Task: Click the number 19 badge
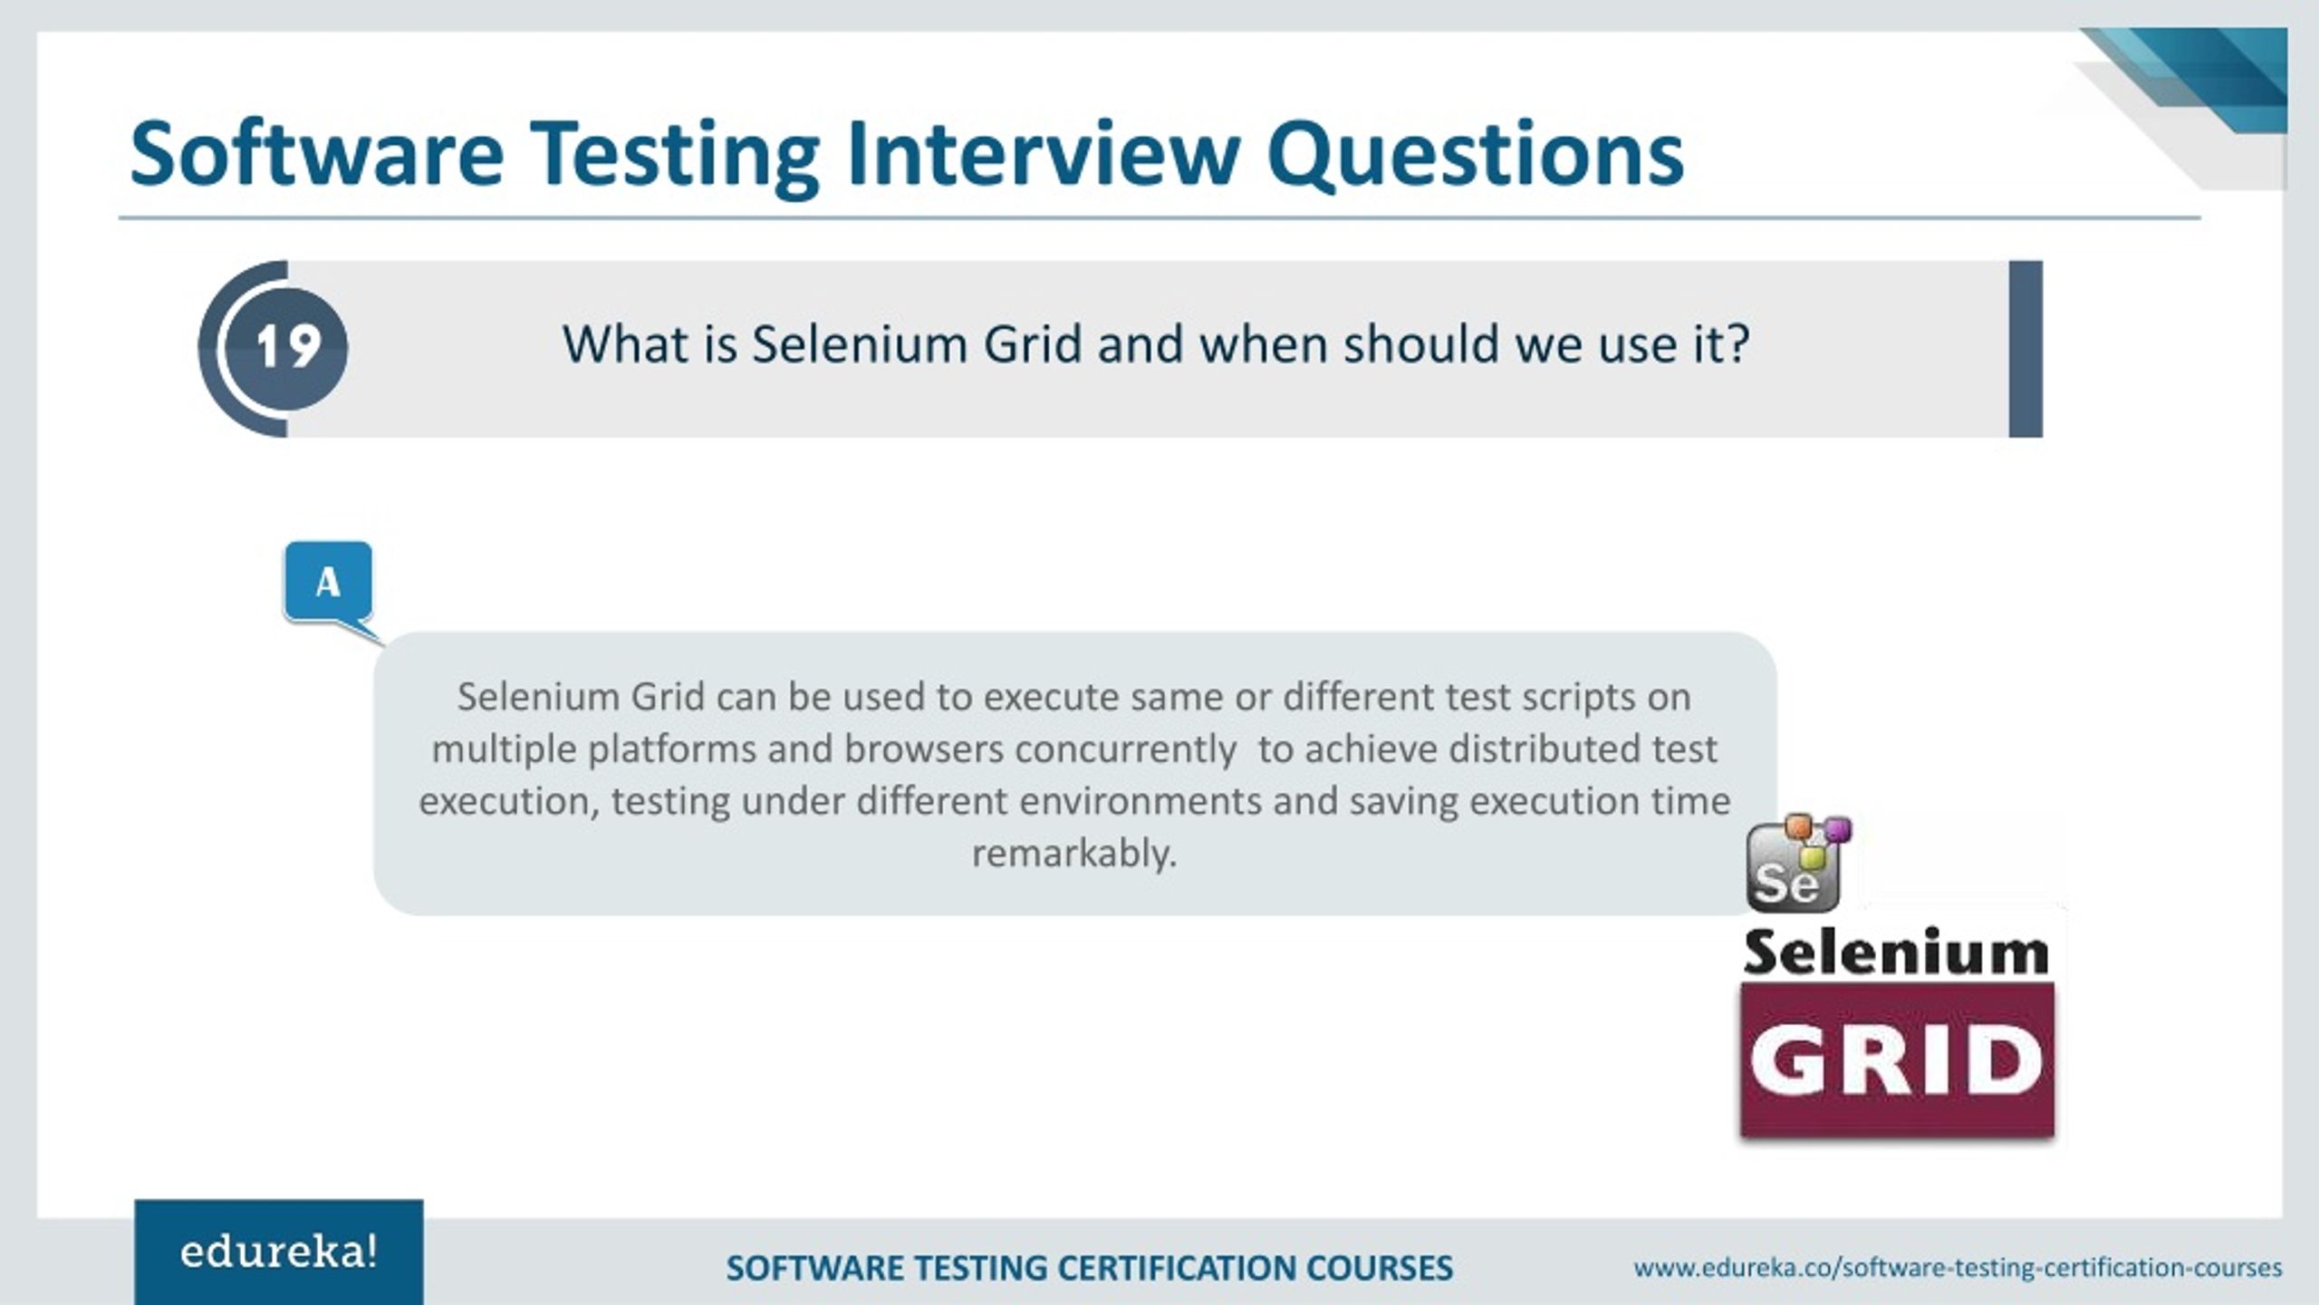pos(287,347)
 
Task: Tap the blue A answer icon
pos(328,582)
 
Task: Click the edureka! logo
pos(278,1252)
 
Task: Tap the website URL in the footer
pos(1958,1267)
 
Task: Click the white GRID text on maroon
pos(1896,1060)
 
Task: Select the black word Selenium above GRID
pos(1896,952)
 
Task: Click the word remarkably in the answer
pos(1073,854)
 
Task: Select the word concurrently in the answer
pos(1125,749)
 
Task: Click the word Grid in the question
pos(1033,344)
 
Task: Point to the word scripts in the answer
pos(1579,697)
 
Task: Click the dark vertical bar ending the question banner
pos(2026,349)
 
